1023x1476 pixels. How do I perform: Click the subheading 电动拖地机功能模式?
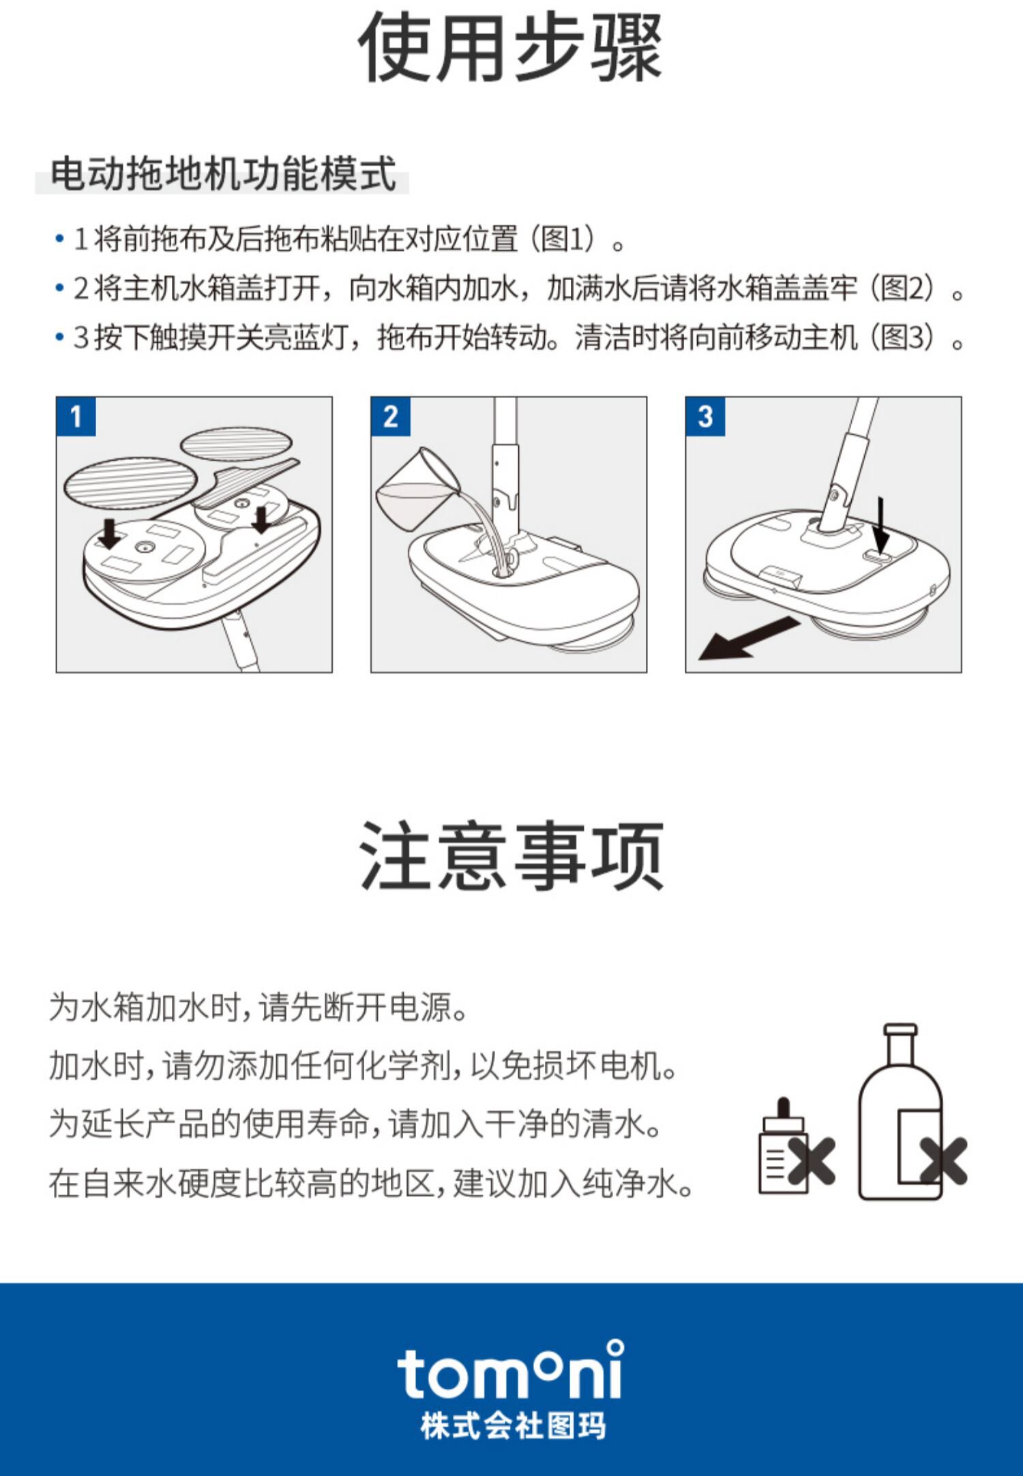223,173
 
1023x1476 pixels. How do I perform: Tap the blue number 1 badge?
76,416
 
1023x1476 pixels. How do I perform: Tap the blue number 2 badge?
391,416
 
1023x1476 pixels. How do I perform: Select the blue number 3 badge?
705,416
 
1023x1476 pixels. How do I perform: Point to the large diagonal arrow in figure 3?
748,638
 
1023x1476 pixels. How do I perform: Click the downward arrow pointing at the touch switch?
881,525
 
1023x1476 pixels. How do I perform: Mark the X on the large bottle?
943,1161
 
